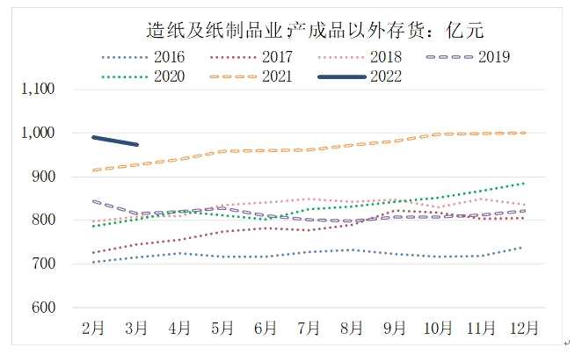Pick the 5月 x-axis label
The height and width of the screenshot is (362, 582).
pyautogui.click(x=222, y=329)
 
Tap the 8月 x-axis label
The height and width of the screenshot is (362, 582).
pyautogui.click(x=352, y=329)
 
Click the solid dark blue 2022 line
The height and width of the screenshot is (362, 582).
pyautogui.click(x=115, y=141)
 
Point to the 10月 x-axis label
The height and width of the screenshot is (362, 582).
pyautogui.click(x=438, y=329)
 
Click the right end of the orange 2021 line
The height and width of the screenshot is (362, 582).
pyautogui.click(x=525, y=133)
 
